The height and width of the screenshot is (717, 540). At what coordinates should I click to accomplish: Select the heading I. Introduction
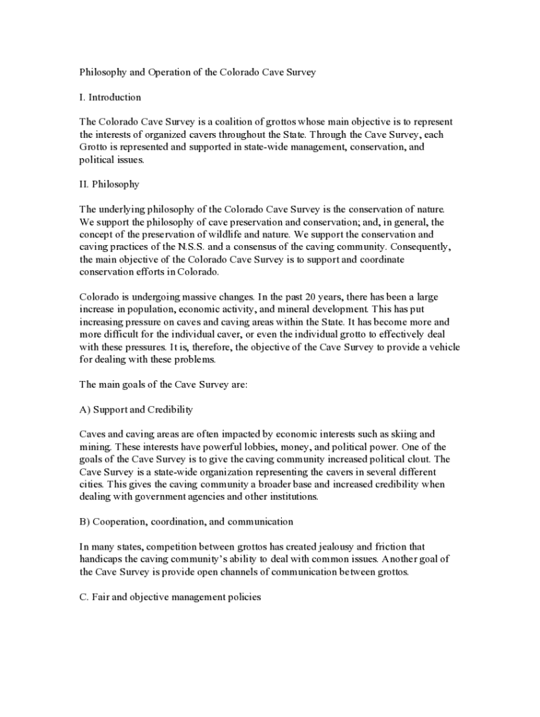pyautogui.click(x=110, y=97)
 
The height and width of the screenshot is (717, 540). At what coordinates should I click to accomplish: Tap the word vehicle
pyautogui.click(x=443, y=347)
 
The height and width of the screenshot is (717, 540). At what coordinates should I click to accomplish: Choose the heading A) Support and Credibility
pyautogui.click(x=136, y=409)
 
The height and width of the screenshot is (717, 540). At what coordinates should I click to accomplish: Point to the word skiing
pyautogui.click(x=400, y=434)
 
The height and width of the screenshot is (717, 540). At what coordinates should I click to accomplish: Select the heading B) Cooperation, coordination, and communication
pyautogui.click(x=186, y=522)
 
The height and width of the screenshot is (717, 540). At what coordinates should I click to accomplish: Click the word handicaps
pyautogui.click(x=100, y=559)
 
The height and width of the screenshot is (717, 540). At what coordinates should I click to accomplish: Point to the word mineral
pyautogui.click(x=305, y=309)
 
